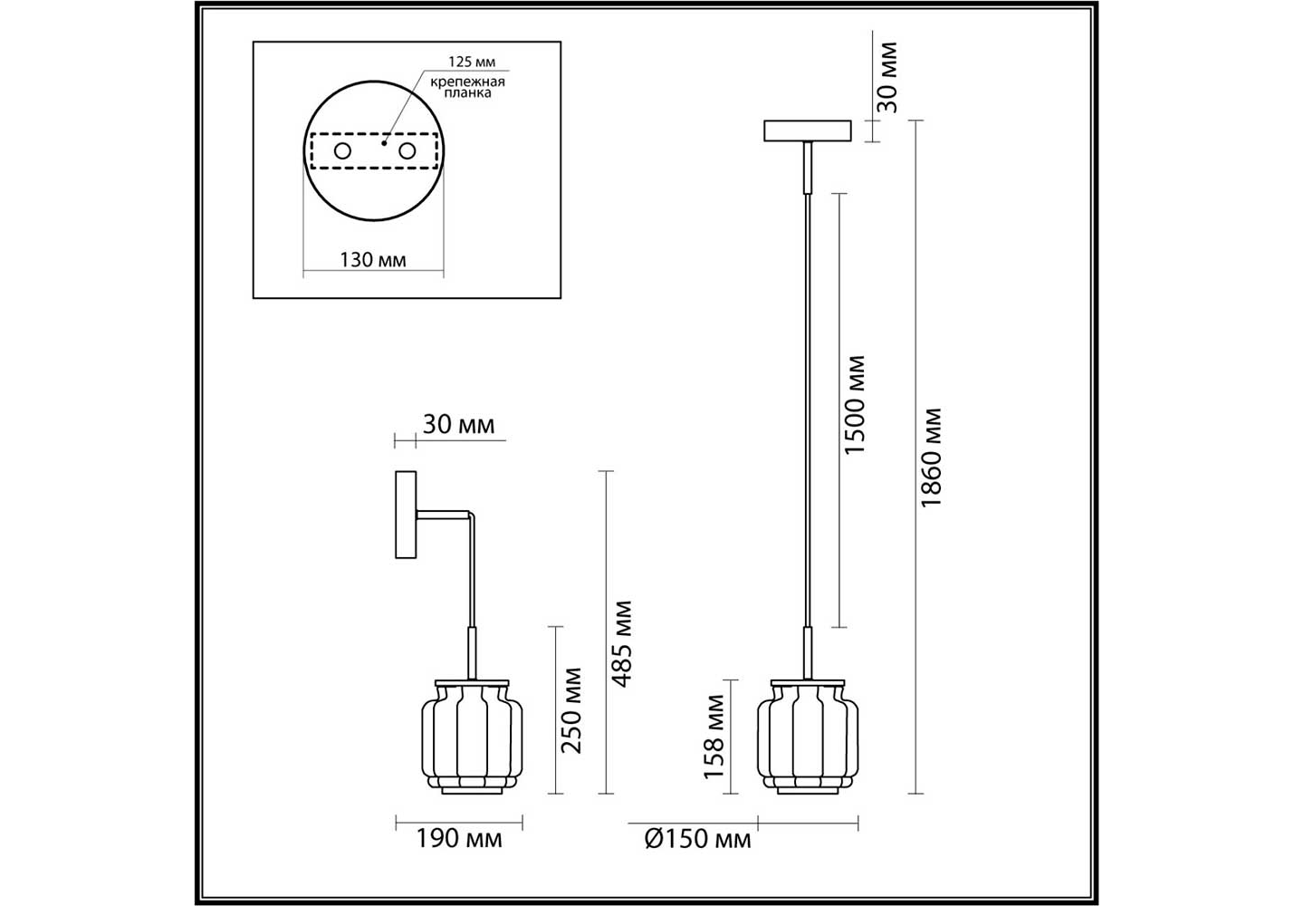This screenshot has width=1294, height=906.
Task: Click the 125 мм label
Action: point(472,62)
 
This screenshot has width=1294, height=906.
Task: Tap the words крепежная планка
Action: point(467,87)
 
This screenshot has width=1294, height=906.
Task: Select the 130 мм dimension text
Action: point(372,260)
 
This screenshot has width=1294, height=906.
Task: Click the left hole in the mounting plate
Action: point(342,151)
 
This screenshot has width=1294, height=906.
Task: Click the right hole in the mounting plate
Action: point(407,151)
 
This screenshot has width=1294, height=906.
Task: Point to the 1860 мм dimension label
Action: point(931,458)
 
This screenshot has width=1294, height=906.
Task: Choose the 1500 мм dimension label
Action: point(855,405)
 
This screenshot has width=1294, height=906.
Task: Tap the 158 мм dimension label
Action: point(714,737)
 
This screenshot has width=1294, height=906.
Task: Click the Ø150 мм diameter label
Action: point(698,840)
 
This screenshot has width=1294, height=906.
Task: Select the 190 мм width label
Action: point(459,839)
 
